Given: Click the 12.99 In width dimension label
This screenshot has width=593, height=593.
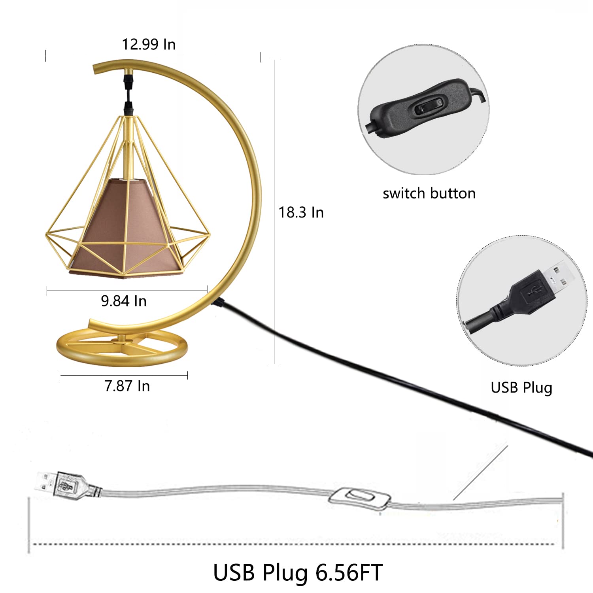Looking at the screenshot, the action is pyautogui.click(x=149, y=44).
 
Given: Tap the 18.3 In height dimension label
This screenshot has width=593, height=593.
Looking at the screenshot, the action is pyautogui.click(x=301, y=213).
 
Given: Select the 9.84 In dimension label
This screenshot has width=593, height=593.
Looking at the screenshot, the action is pyautogui.click(x=124, y=301).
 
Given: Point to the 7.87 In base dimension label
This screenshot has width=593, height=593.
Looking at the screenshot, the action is pyautogui.click(x=127, y=386).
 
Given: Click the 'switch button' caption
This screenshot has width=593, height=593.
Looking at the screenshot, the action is pyautogui.click(x=429, y=193).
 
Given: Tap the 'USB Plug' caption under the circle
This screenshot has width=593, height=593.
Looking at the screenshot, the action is pyautogui.click(x=521, y=388).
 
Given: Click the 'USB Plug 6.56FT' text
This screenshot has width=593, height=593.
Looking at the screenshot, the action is pyautogui.click(x=298, y=572).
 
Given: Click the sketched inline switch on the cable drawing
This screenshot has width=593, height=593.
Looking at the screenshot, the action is pyautogui.click(x=359, y=498).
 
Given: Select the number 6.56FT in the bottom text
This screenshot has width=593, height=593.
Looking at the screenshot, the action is pyautogui.click(x=349, y=572).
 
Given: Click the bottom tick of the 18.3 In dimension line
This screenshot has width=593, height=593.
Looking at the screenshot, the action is pyautogui.click(x=274, y=364).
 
